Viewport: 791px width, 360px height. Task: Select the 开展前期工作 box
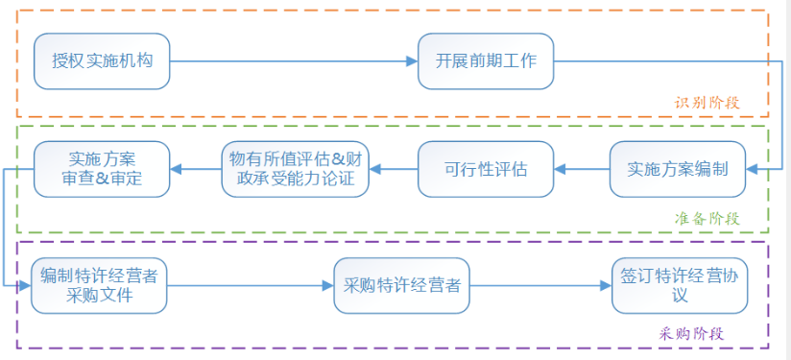tap(485, 62)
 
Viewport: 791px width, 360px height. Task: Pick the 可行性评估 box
tap(485, 169)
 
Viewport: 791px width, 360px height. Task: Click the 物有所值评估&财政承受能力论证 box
tap(295, 169)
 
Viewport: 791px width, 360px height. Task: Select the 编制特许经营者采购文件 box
tap(99, 285)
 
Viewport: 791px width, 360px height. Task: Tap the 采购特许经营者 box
tap(401, 285)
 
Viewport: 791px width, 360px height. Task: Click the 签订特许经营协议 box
tap(679, 285)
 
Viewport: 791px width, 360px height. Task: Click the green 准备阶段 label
tap(707, 218)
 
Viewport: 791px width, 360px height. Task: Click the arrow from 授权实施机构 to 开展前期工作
tap(293, 62)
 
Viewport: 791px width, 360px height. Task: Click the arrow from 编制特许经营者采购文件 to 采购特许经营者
tap(250, 285)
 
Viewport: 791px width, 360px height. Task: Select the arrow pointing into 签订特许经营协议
tap(540, 285)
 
